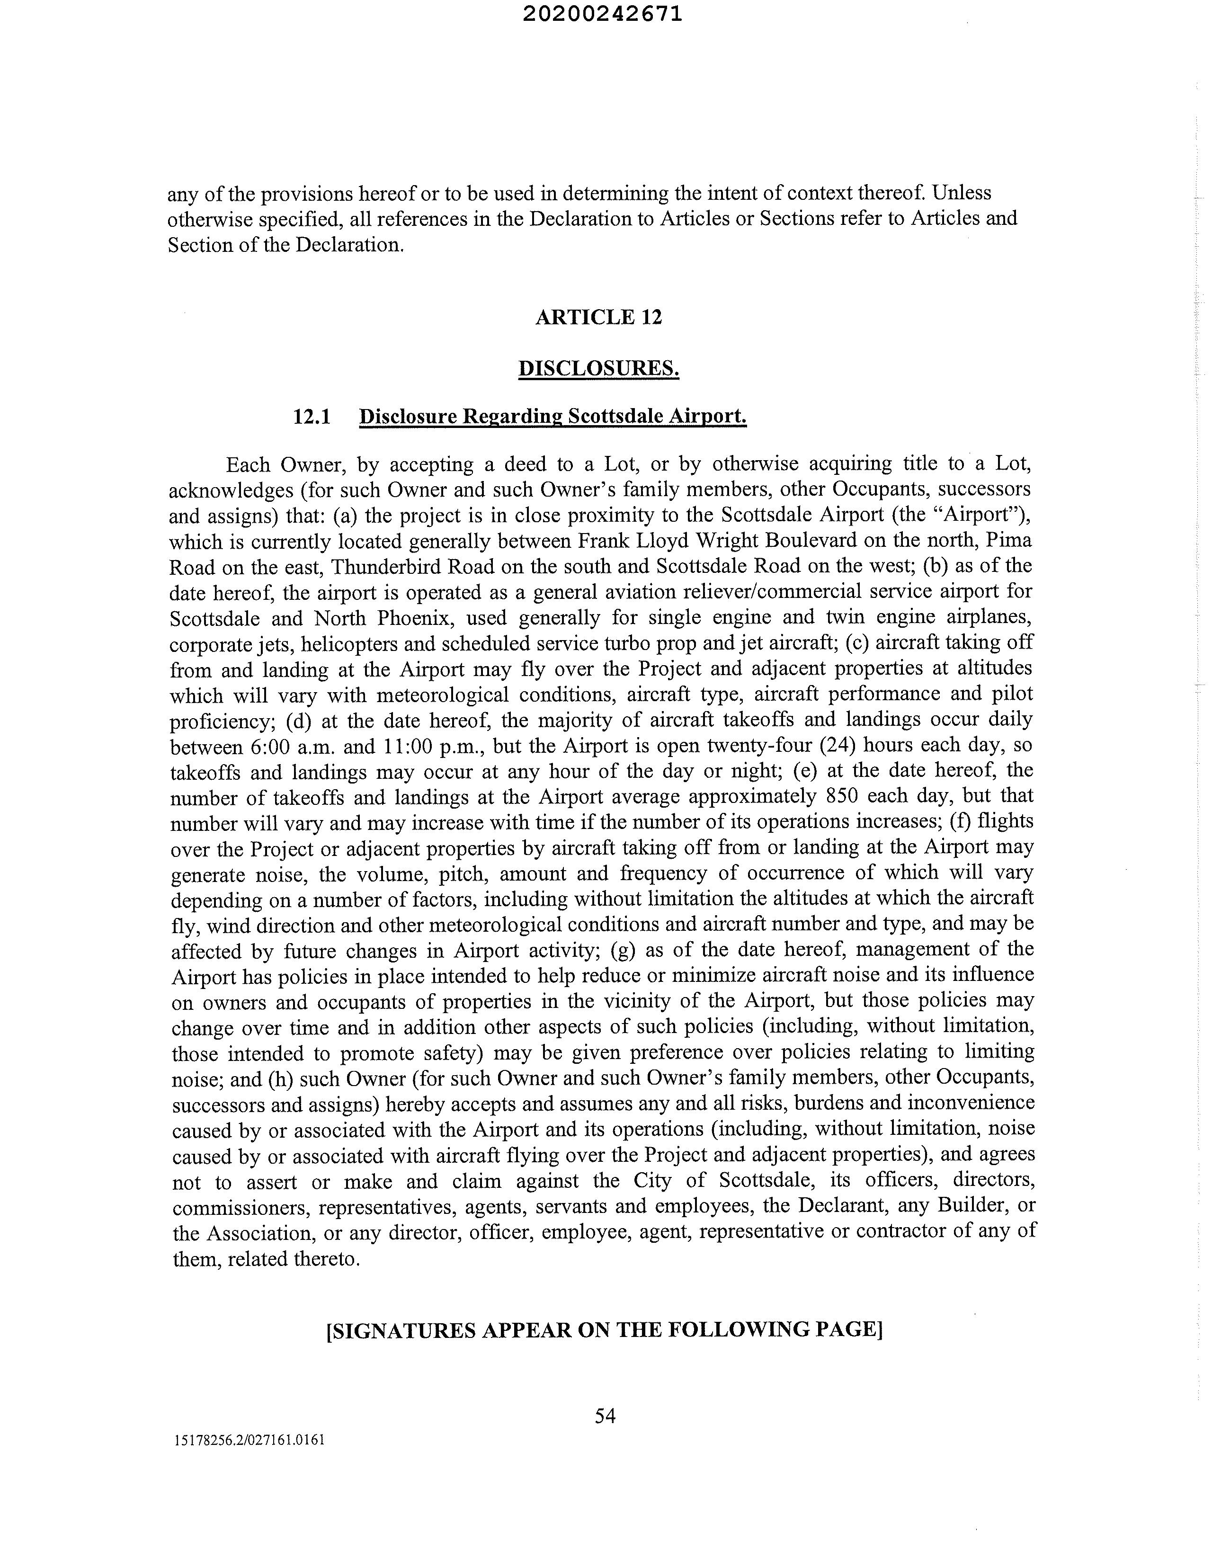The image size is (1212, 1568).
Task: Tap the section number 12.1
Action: click(312, 417)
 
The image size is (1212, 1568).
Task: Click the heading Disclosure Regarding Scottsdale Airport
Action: click(553, 417)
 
